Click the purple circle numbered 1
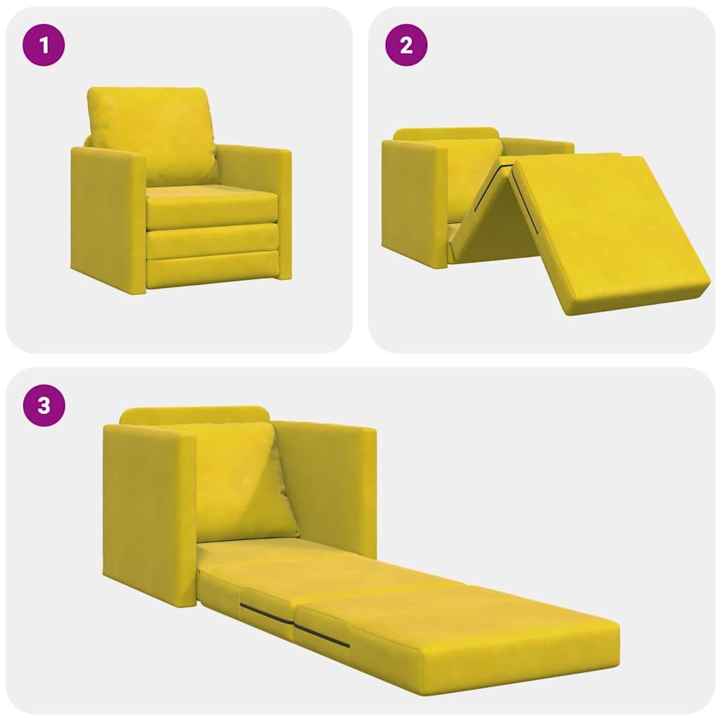[44, 46]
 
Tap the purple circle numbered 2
[406, 46]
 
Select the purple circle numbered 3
[44, 406]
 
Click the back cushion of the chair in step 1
[151, 134]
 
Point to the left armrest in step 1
[107, 218]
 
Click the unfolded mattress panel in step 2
[606, 225]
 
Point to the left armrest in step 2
[414, 201]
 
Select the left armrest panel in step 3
[148, 510]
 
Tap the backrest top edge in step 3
[194, 415]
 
